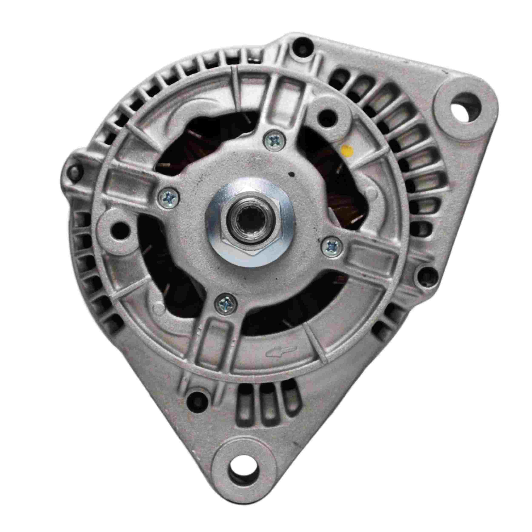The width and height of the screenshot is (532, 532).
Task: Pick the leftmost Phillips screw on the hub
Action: [x=169, y=197]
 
